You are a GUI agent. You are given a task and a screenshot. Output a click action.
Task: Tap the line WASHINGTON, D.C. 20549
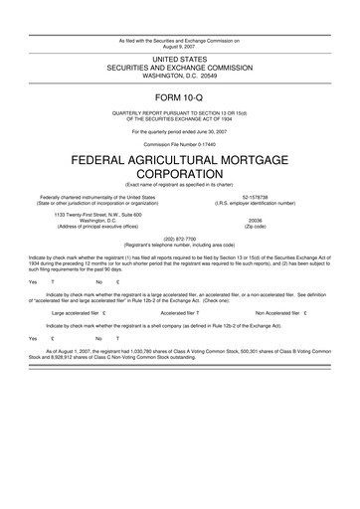click(x=179, y=76)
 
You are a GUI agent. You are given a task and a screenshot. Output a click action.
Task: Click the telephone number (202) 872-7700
click(x=179, y=240)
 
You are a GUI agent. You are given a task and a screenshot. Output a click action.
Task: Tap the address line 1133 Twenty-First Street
click(x=97, y=215)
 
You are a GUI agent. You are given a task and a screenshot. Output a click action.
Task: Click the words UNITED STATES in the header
click(x=179, y=60)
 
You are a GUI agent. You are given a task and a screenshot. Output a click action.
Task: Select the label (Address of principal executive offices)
click(x=97, y=227)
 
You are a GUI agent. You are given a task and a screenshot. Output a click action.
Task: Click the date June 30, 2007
click(x=204, y=131)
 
